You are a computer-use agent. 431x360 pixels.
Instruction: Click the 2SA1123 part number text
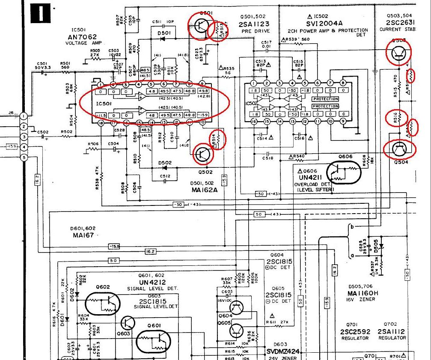point(254,25)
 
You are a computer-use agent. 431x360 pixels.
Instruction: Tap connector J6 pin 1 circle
point(24,116)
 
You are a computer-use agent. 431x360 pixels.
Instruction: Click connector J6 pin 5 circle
point(24,157)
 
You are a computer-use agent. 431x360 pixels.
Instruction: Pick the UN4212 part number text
point(152,282)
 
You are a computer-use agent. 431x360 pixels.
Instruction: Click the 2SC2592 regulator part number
point(354,332)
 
